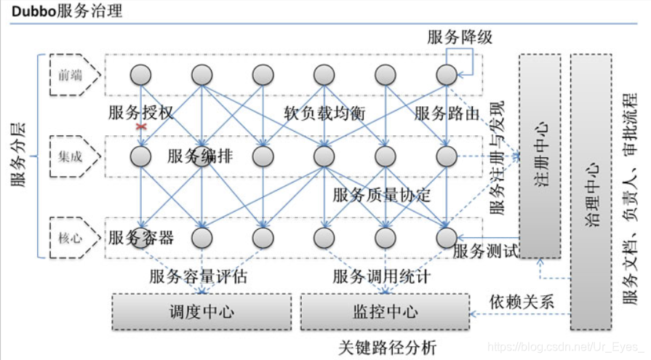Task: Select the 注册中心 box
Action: (x=540, y=155)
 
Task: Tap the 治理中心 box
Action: (x=591, y=191)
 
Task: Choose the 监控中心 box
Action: (x=385, y=312)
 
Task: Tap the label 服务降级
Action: (x=460, y=37)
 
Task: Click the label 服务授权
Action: (x=141, y=113)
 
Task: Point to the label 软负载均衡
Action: (x=324, y=113)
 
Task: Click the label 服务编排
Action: (x=200, y=156)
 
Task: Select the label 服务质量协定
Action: (x=382, y=195)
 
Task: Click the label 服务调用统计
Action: (x=382, y=276)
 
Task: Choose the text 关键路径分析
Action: (x=388, y=348)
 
